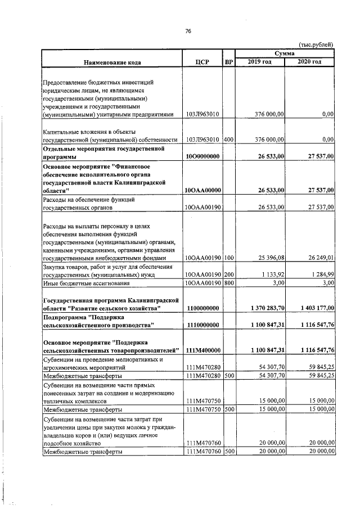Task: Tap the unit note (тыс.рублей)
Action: tap(316, 44)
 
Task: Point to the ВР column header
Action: tap(228, 62)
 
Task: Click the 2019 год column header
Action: tap(260, 61)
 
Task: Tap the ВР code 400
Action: tap(228, 139)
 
